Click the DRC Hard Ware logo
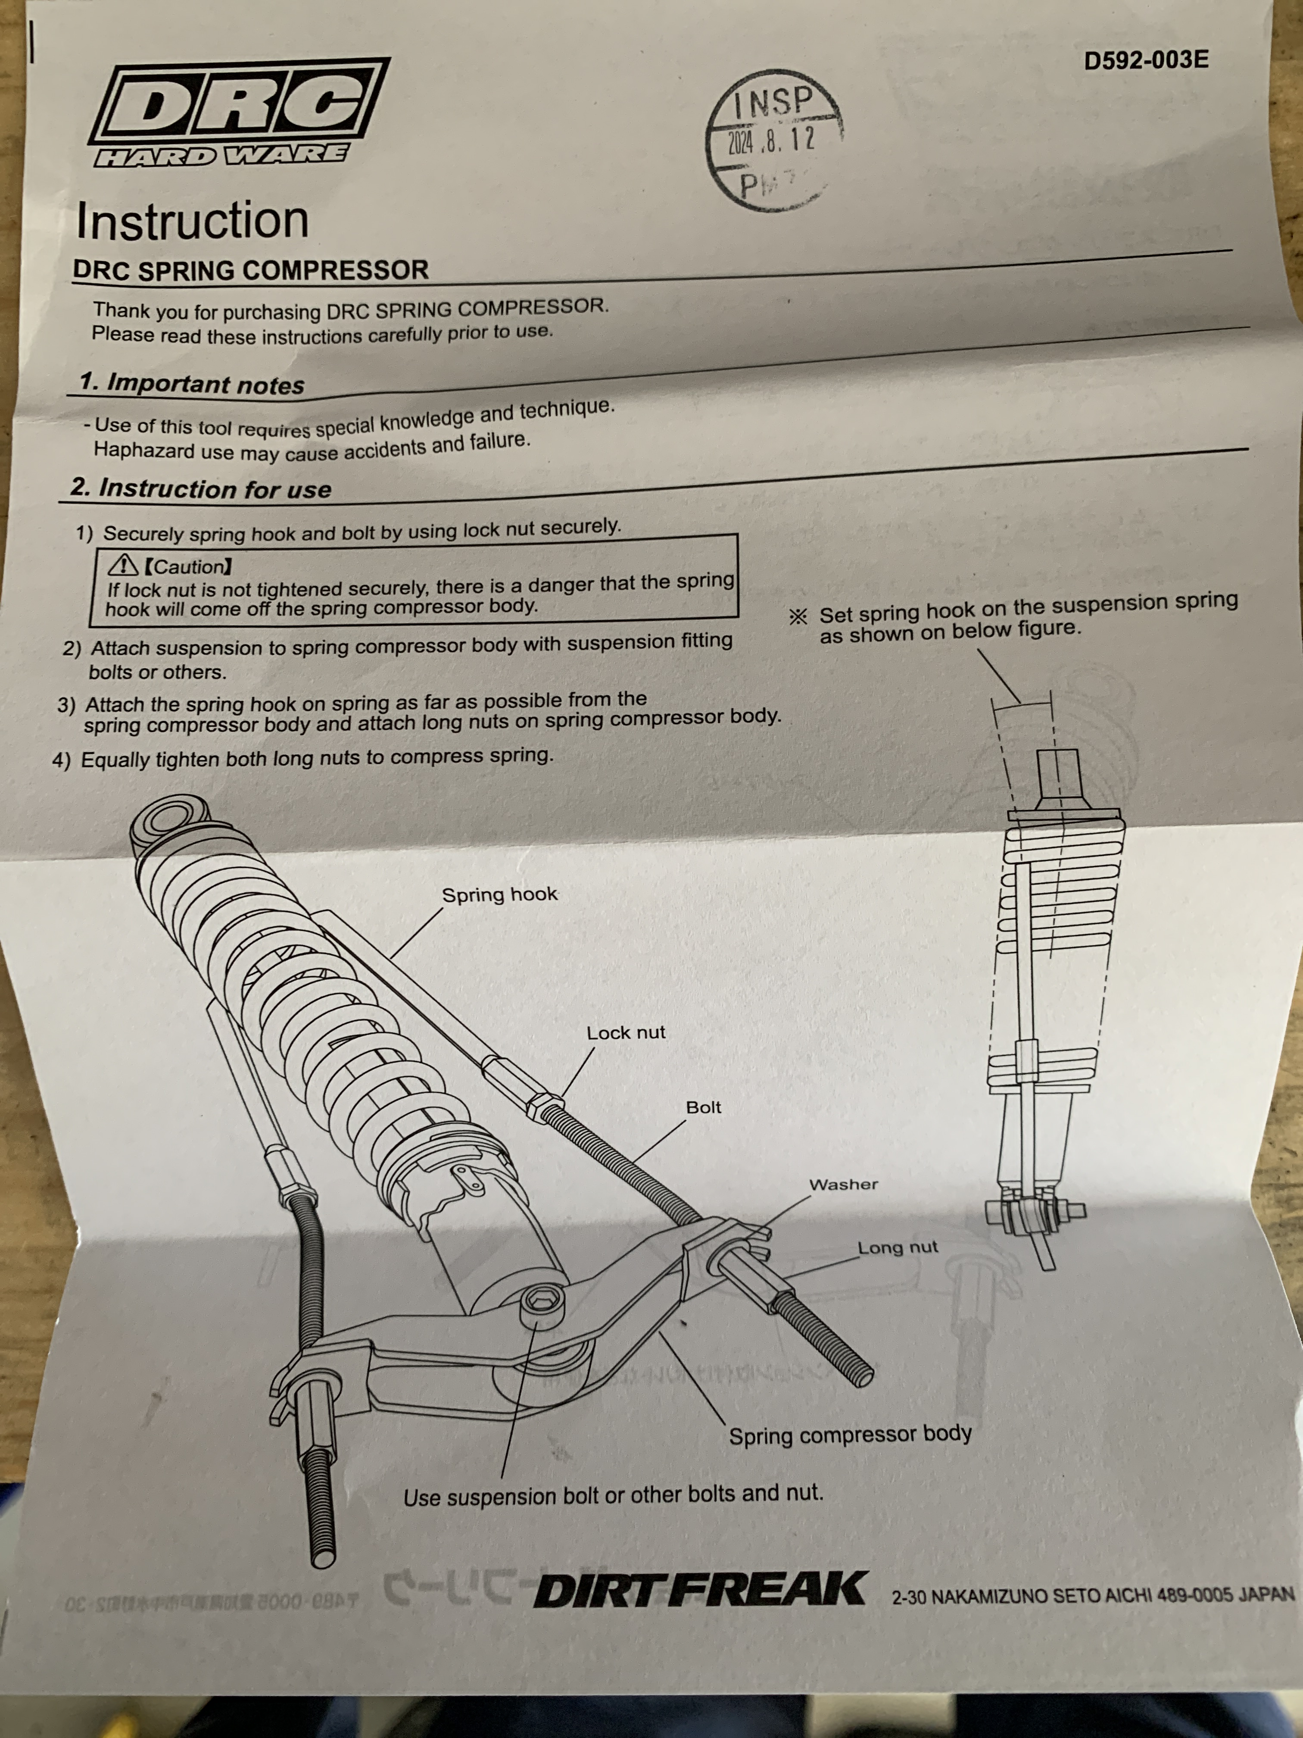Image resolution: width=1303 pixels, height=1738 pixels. (x=236, y=113)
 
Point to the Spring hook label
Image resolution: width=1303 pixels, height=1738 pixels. (x=499, y=894)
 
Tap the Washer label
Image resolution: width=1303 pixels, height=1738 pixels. (x=844, y=1184)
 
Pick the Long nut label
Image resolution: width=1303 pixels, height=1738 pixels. (x=897, y=1248)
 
